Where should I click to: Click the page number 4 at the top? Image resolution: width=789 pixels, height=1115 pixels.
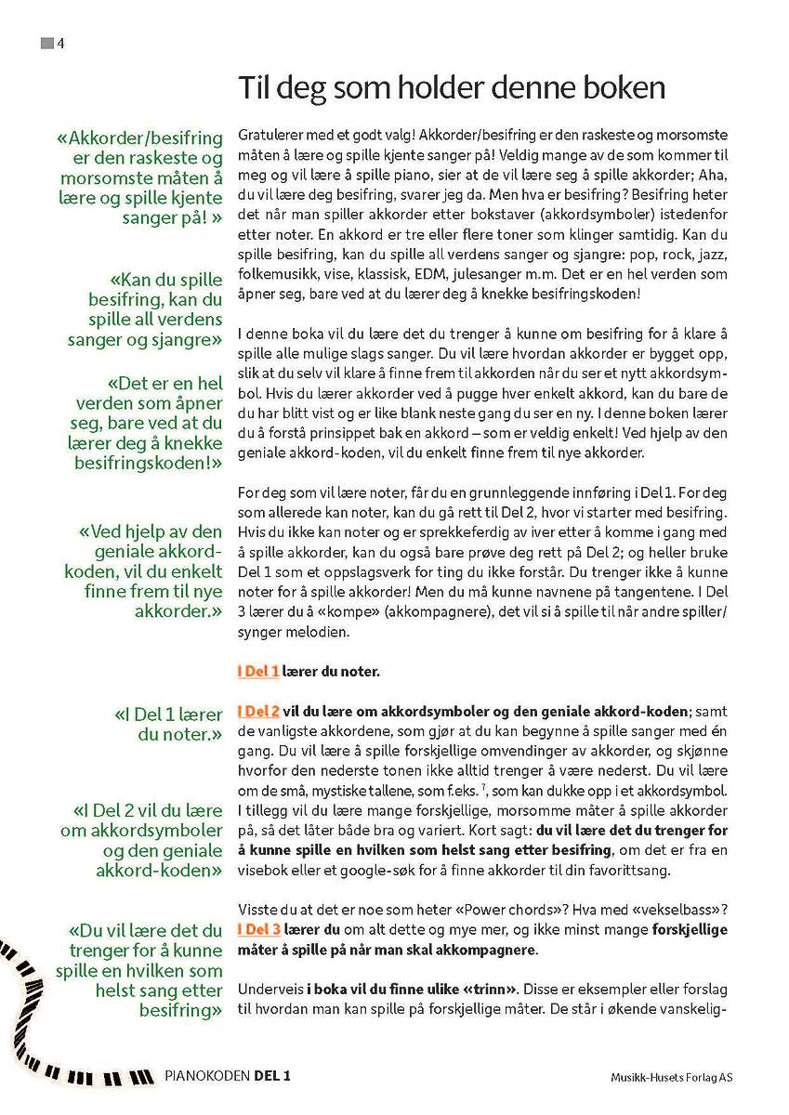[x=60, y=43]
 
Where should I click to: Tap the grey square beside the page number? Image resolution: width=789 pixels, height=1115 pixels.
[x=46, y=43]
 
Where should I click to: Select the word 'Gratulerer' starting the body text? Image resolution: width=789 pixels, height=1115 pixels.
[x=270, y=136]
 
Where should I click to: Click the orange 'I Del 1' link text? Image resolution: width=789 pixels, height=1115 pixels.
[x=257, y=670]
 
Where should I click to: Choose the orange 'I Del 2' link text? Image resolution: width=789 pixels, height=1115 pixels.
[x=258, y=711]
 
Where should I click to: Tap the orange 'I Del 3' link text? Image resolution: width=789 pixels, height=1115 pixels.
[x=258, y=929]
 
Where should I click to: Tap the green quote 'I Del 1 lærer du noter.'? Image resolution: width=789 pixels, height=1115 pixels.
[x=168, y=724]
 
